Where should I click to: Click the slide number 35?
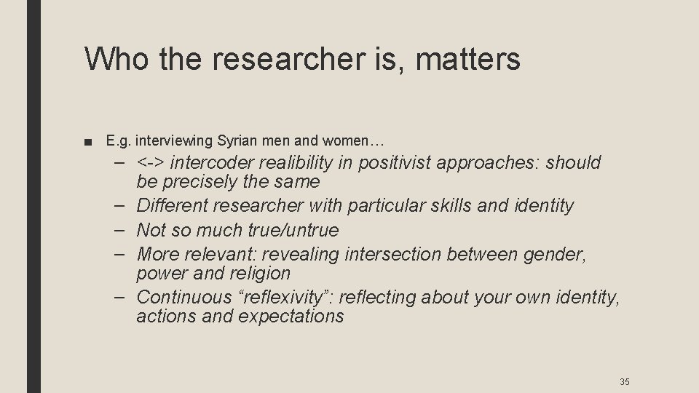click(624, 381)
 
